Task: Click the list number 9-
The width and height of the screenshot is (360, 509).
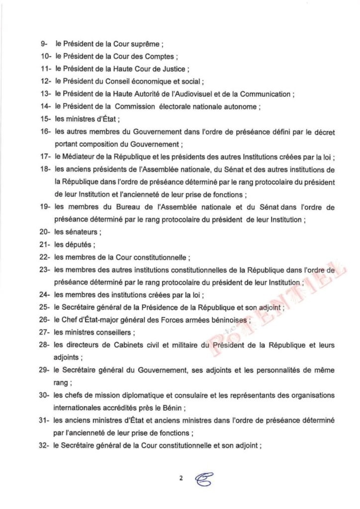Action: point(44,44)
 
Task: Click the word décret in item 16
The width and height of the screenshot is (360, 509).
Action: point(323,132)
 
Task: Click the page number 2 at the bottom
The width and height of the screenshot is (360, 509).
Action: point(181,478)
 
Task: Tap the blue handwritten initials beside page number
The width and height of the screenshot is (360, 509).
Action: point(202,478)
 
